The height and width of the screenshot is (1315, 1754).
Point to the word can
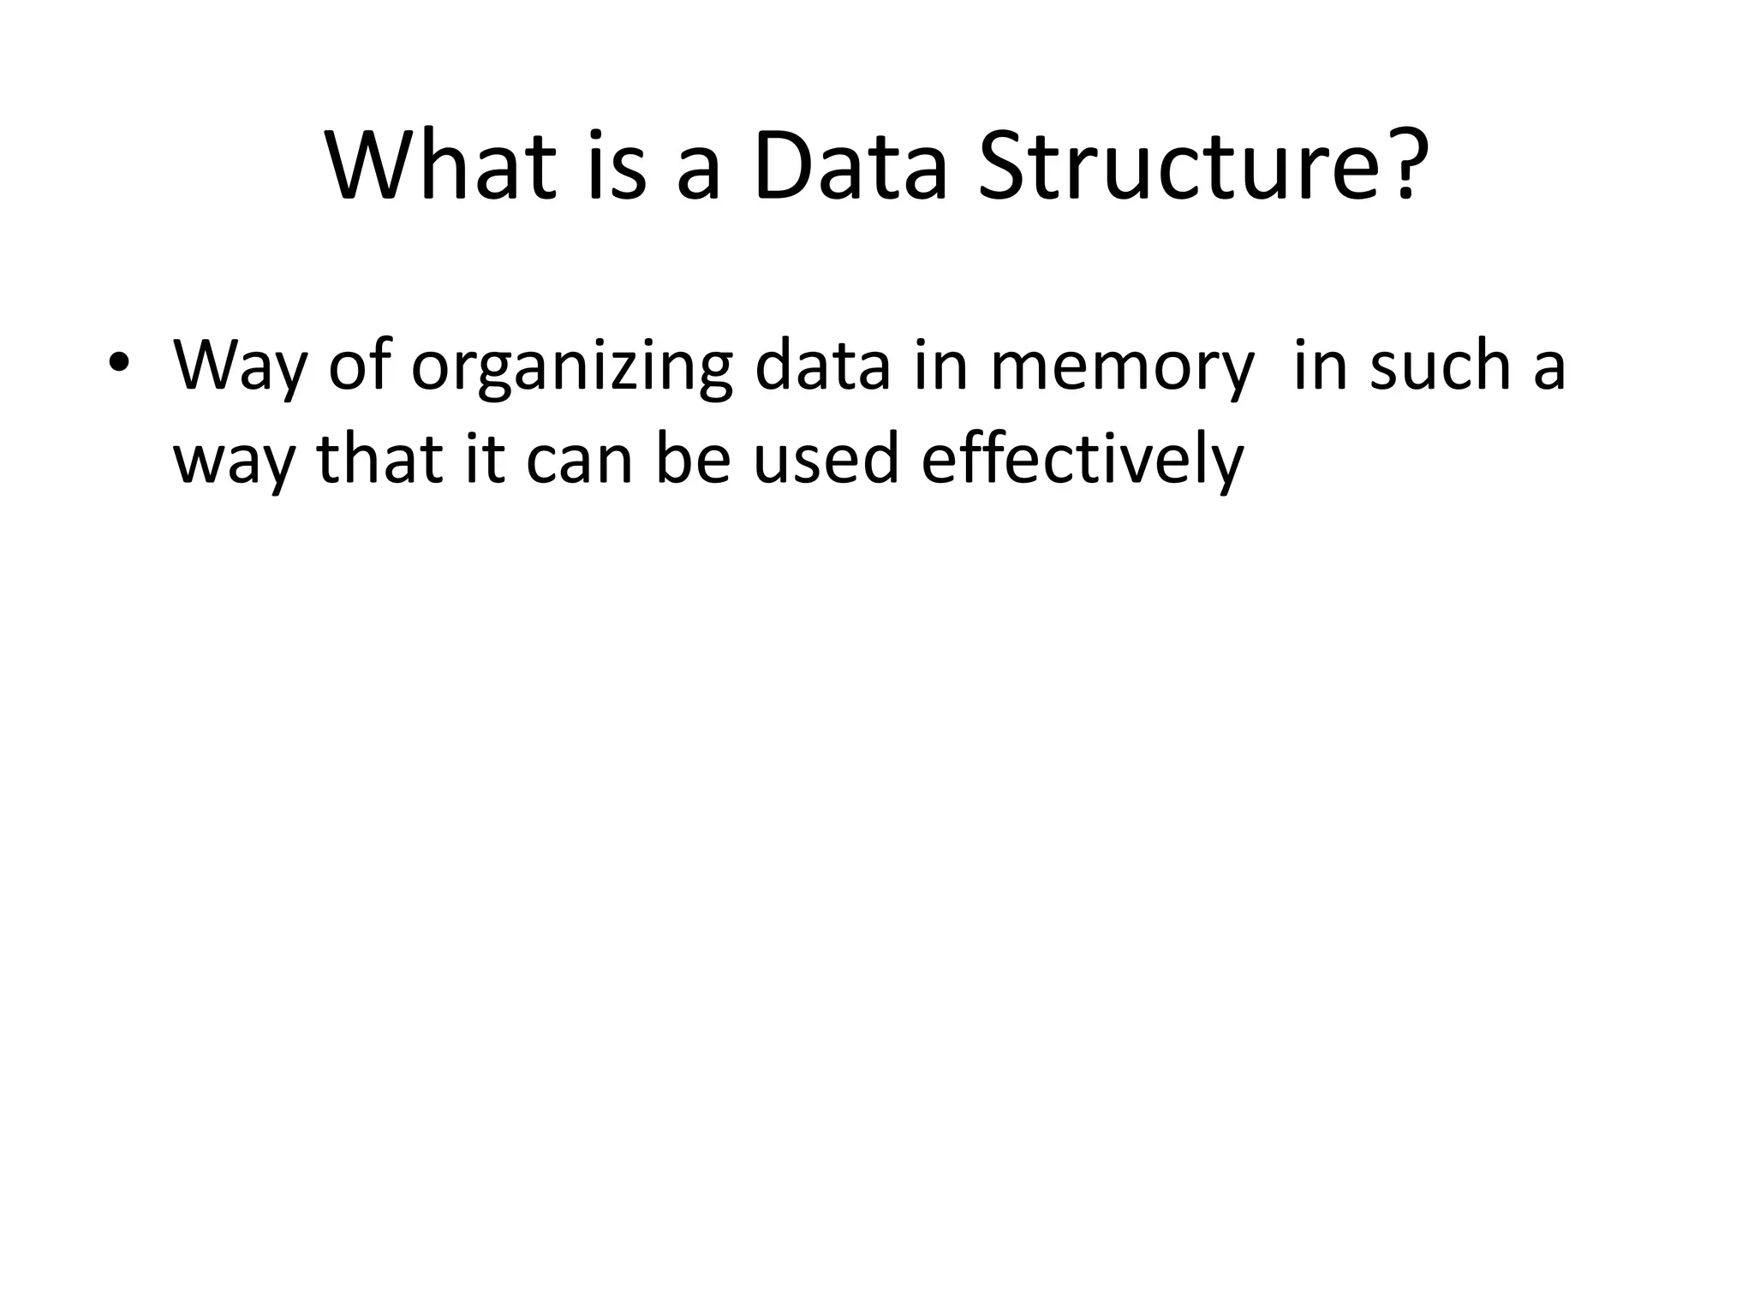(579, 461)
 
